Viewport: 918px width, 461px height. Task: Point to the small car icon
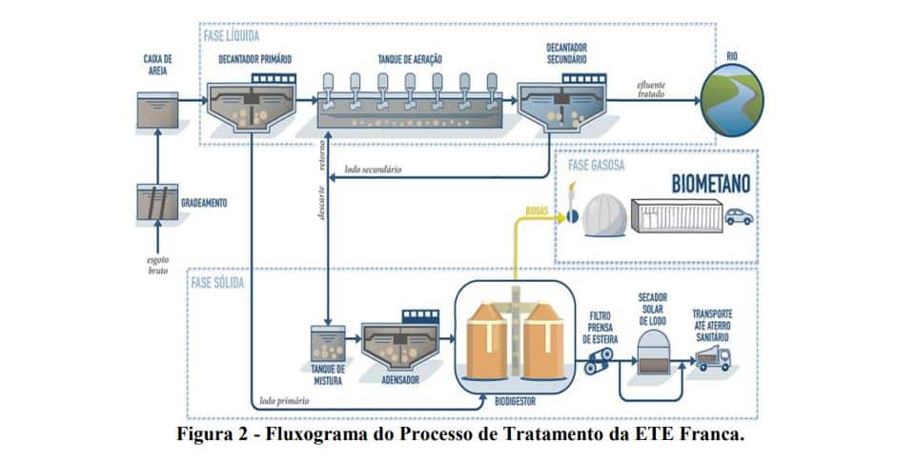738,217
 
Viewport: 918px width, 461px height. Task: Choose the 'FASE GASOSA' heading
598,164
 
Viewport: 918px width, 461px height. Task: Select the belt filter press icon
601,360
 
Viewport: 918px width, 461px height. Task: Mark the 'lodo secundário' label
374,169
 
